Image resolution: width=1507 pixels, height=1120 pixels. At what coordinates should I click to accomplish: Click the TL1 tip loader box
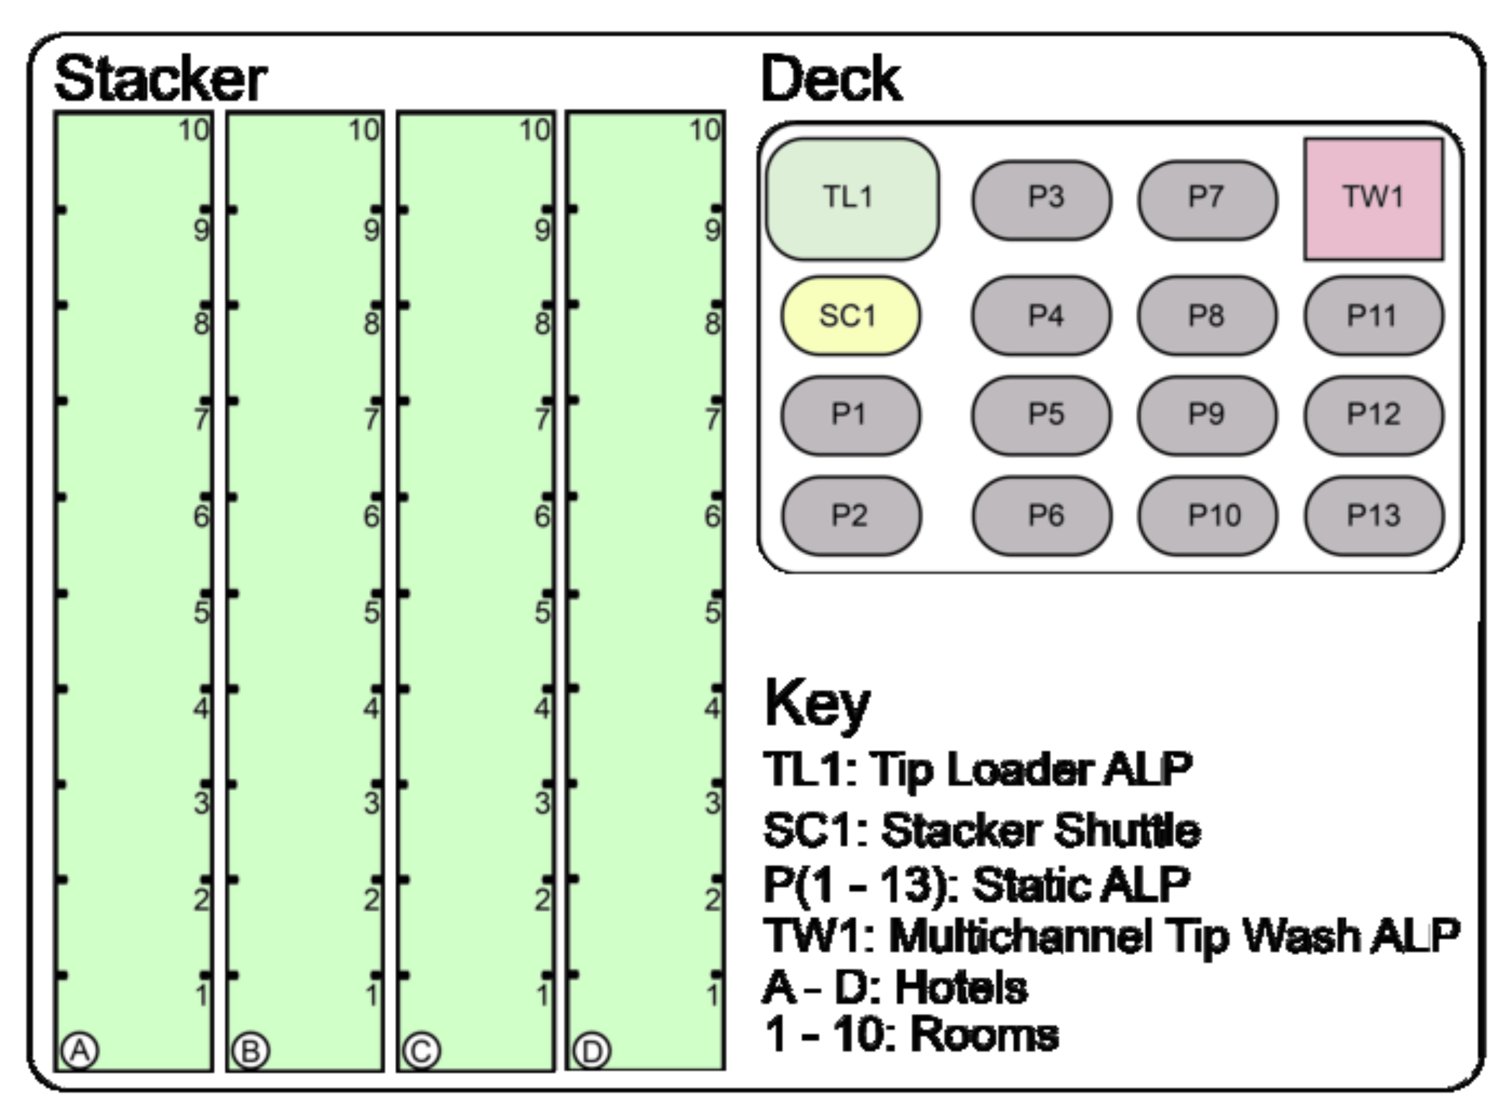pos(851,198)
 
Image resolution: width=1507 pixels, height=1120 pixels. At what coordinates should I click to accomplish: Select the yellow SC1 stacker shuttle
pos(850,315)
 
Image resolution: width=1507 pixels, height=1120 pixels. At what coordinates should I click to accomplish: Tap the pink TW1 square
pos(1373,198)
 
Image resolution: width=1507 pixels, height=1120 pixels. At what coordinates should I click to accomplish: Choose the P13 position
pos(1373,515)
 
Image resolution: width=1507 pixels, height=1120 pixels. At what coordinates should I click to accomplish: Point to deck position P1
pos(850,414)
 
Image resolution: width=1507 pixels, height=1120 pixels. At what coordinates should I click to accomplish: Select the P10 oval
pos(1207,515)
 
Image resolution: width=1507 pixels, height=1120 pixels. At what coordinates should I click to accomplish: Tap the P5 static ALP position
pos(1041,414)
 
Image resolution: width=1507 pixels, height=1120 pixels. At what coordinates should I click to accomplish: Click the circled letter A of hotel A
pos(80,1051)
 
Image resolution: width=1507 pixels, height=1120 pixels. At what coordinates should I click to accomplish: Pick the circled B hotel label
pos(251,1051)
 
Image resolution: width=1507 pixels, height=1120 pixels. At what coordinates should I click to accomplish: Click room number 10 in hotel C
pos(535,130)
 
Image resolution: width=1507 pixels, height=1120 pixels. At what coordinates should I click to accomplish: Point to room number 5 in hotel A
pos(201,612)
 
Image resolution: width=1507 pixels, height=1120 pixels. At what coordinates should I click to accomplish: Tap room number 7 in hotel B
pos(372,419)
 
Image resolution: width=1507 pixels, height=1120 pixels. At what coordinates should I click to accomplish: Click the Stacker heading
pos(161,79)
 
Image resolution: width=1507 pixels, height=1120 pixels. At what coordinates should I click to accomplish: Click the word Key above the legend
pos(817,705)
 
